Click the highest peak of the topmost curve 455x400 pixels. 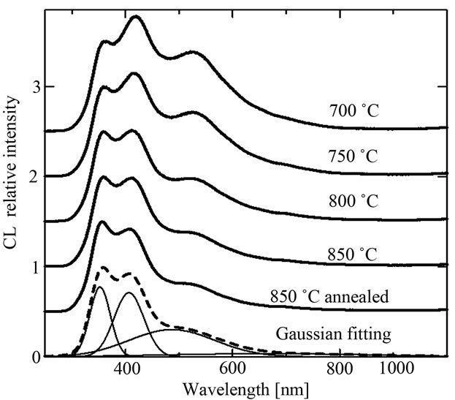pyautogui.click(x=135, y=17)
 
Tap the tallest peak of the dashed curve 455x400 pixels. pyautogui.click(x=103, y=267)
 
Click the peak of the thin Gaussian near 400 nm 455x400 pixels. pyautogui.click(x=130, y=293)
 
